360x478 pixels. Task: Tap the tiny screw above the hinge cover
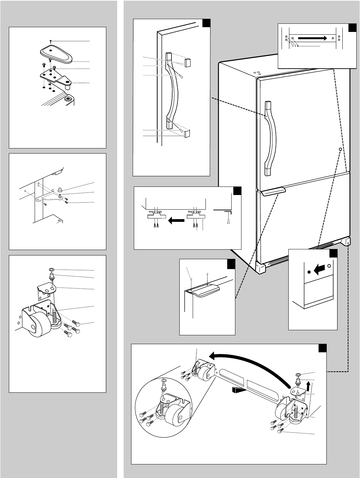(x=50, y=41)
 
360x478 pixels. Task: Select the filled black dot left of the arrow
(x=309, y=272)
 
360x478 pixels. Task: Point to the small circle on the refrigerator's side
(x=340, y=149)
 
